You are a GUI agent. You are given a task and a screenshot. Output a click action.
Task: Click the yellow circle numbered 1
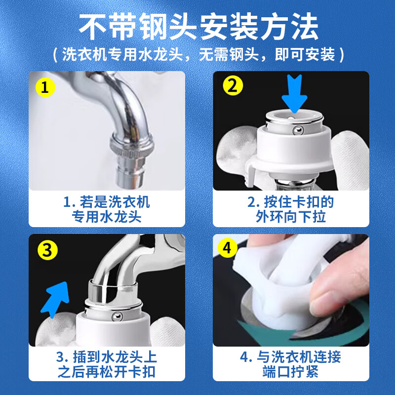click(x=45, y=88)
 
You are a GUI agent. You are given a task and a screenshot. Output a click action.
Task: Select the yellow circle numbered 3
click(x=47, y=250)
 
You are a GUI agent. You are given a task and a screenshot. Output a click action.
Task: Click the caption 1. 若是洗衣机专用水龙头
click(x=107, y=209)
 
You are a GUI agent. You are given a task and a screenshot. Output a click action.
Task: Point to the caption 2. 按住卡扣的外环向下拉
click(x=291, y=209)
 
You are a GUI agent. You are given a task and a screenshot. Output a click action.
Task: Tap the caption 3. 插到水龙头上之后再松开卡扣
click(x=107, y=364)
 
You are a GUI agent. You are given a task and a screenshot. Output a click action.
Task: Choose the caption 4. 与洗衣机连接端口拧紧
click(x=291, y=364)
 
